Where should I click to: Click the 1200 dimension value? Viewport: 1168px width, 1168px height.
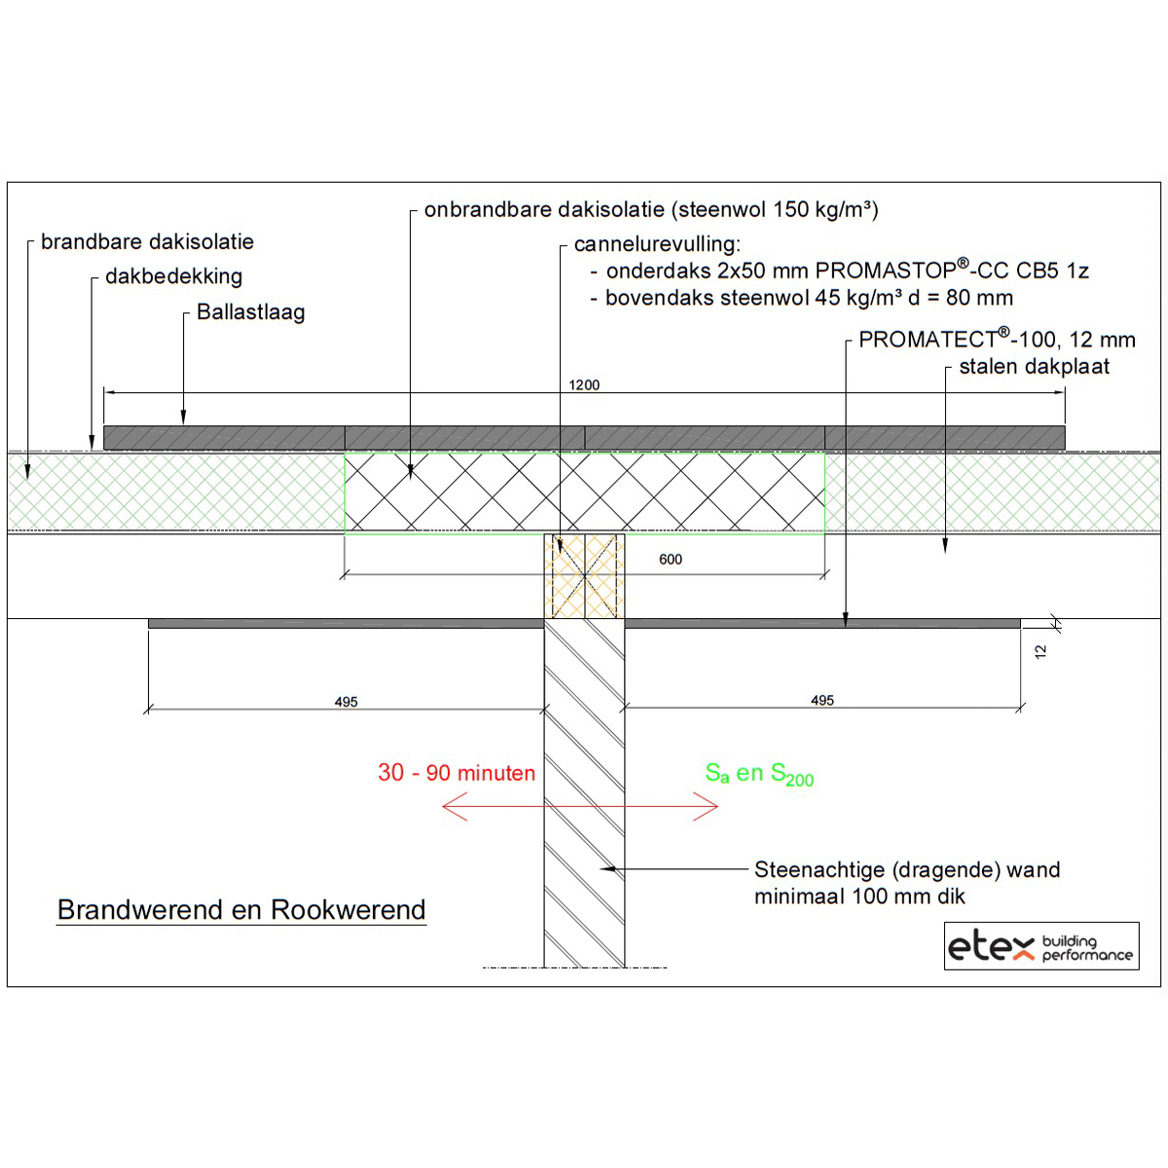point(584,384)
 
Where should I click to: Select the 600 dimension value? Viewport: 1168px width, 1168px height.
point(671,559)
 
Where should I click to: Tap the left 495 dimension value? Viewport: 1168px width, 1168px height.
point(347,702)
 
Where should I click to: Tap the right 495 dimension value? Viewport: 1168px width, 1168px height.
point(821,701)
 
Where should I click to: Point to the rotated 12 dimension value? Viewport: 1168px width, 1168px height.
point(1040,652)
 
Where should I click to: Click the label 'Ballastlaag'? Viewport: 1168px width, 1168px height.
point(251,312)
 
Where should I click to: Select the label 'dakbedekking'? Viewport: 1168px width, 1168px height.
point(174,276)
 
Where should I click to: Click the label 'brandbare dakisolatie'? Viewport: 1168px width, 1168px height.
point(147,241)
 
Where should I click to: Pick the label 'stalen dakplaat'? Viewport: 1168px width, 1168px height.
point(1034,367)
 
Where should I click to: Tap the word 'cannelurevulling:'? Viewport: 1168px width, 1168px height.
point(657,244)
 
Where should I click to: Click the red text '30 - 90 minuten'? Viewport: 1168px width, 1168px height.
point(456,773)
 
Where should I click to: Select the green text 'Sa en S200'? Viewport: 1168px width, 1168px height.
point(759,774)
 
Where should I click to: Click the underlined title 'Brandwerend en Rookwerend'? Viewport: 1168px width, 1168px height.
point(241,910)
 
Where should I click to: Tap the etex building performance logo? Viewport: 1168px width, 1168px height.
point(1041,947)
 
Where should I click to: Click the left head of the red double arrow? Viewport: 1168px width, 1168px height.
point(444,806)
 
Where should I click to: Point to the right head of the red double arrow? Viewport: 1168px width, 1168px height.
point(717,806)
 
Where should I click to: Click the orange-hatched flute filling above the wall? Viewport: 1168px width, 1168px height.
point(584,576)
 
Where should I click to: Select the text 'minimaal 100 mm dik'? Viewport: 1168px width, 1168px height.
point(859,896)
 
